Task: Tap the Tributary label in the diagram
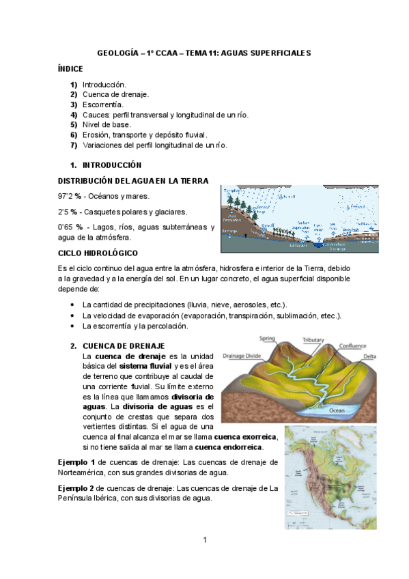point(313,339)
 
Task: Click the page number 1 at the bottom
point(204,541)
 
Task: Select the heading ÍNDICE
point(71,69)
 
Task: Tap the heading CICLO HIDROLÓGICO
point(98,253)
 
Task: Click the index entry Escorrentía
point(102,104)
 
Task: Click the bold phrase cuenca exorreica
point(245,436)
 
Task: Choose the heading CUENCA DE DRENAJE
point(124,346)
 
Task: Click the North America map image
point(329,472)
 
